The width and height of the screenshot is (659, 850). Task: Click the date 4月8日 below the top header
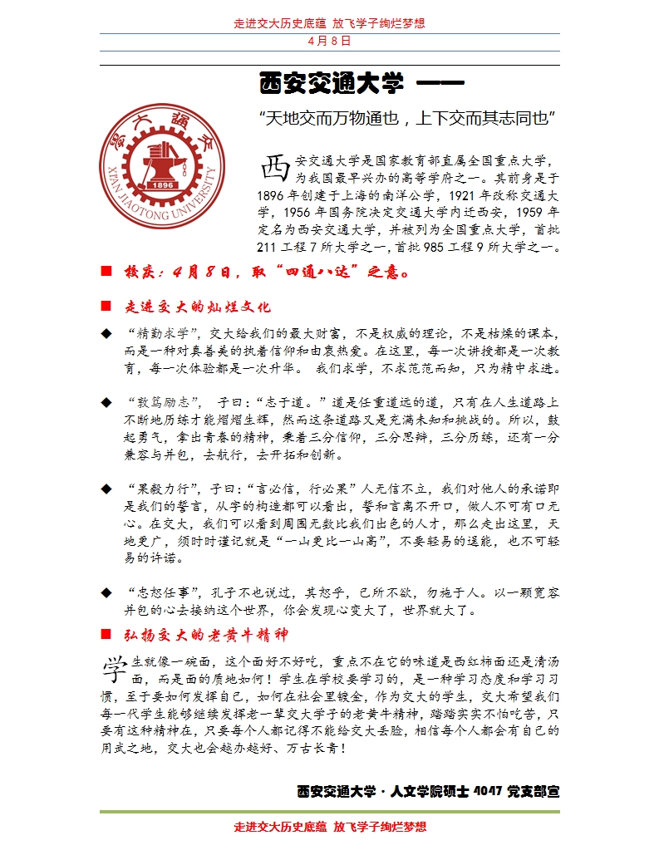click(x=329, y=40)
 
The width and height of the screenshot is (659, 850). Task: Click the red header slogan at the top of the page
click(x=329, y=23)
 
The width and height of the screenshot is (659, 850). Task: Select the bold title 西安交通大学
click(x=332, y=84)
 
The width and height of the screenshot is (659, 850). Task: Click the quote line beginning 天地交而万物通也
click(x=407, y=118)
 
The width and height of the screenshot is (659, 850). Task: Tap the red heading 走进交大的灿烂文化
click(x=197, y=307)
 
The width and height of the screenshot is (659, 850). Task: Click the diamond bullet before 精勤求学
click(x=106, y=333)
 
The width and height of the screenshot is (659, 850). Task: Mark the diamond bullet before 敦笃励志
click(x=106, y=403)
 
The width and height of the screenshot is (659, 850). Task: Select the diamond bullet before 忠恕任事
click(x=106, y=592)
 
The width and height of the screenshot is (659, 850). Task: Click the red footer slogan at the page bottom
click(x=329, y=827)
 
